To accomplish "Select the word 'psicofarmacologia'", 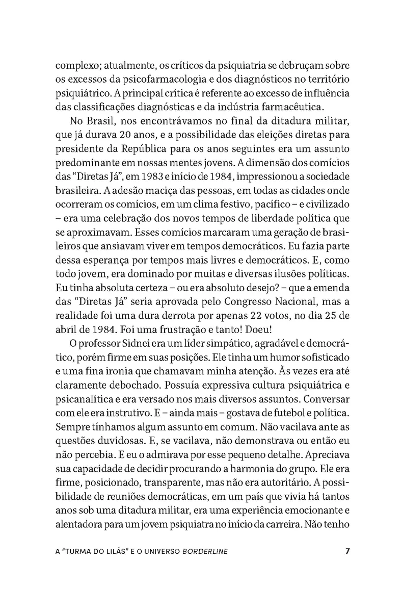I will (155, 80).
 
